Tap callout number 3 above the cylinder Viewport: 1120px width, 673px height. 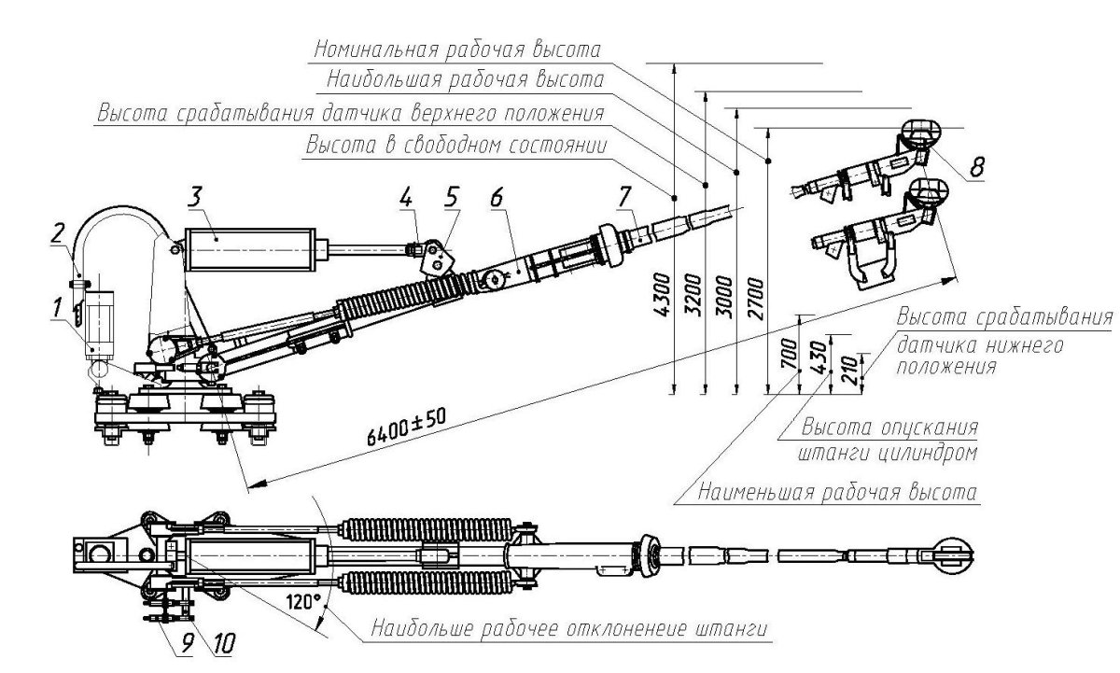(195, 199)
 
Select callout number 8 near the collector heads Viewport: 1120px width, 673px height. (975, 168)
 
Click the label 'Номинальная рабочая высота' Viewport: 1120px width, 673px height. (457, 48)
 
